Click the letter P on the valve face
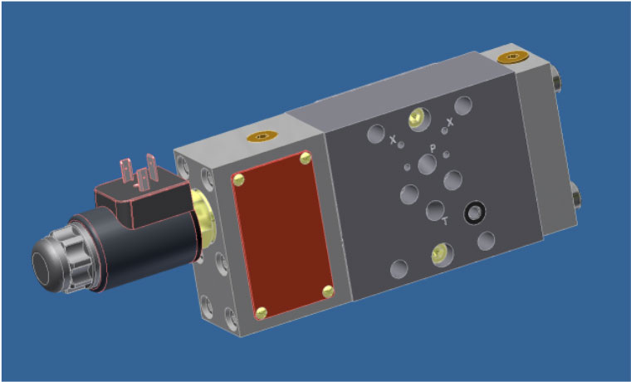[433, 149]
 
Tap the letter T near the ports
[445, 221]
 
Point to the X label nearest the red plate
[394, 140]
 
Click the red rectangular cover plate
[283, 235]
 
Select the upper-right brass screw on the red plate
[306, 159]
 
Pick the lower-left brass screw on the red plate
[262, 312]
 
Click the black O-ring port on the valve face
[474, 213]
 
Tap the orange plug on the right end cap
[513, 57]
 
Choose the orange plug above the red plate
[262, 136]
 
